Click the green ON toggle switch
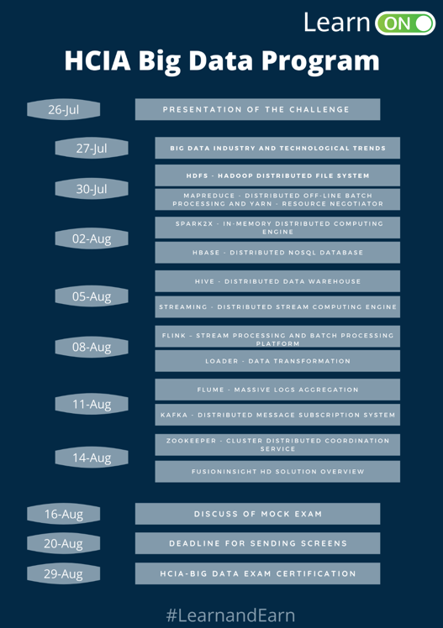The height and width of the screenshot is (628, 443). tap(405, 24)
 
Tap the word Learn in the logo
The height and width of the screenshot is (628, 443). tap(337, 23)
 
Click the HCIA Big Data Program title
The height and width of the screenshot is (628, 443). tap(222, 61)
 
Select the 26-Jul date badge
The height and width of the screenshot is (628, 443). tap(63, 109)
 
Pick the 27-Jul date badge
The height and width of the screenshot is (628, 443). tap(92, 149)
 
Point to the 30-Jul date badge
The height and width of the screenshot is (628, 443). tap(92, 189)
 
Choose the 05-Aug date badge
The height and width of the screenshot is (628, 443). tap(92, 296)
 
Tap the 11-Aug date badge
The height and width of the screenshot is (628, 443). tap(92, 404)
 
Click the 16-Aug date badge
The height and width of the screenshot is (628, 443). tap(63, 514)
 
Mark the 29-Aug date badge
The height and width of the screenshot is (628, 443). tap(63, 573)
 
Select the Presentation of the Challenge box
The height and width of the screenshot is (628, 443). tap(257, 109)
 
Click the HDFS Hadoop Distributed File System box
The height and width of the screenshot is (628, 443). tap(277, 175)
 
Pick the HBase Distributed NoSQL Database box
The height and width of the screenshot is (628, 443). tap(277, 253)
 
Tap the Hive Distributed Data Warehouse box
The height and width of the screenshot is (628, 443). tap(277, 281)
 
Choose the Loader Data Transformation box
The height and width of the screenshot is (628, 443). tap(277, 361)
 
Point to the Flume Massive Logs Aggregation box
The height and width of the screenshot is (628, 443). tap(277, 390)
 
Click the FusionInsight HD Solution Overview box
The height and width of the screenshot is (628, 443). tap(277, 471)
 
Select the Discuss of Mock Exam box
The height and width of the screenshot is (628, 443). tap(257, 514)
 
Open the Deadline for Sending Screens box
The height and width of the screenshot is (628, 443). tap(257, 543)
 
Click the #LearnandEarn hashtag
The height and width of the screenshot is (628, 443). tap(230, 615)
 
